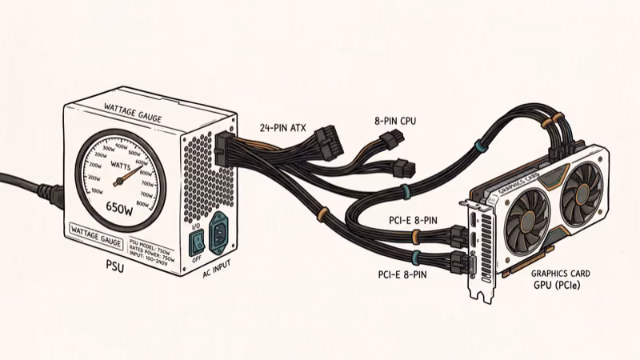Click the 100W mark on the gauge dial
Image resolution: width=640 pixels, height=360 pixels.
point(96,192)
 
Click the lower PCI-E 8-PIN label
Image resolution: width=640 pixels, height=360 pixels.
point(406,274)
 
